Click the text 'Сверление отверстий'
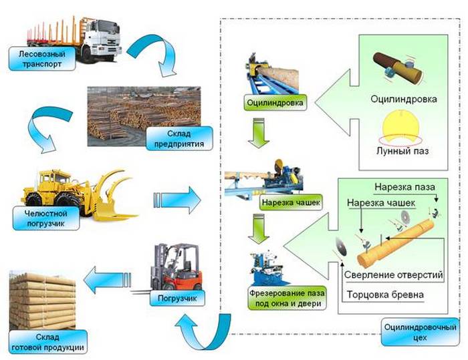coord(393,275)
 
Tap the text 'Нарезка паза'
coord(402,185)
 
